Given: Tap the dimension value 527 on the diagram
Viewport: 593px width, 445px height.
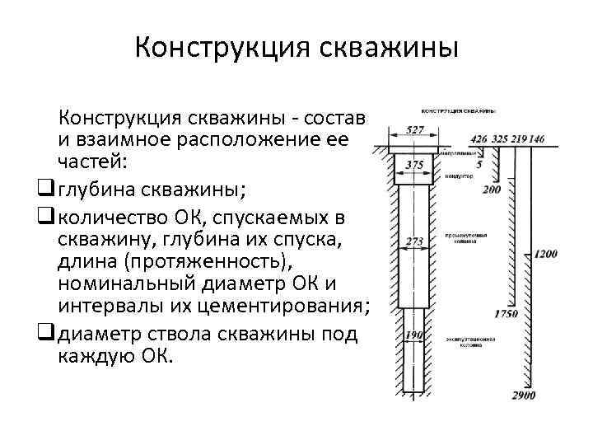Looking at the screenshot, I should pos(415,129).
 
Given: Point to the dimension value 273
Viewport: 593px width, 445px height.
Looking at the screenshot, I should pos(415,241).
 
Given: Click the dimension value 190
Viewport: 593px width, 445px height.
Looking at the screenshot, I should pos(415,336).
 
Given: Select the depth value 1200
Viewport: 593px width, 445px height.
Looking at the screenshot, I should pos(545,254).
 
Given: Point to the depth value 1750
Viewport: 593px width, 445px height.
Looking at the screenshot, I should pos(506,313).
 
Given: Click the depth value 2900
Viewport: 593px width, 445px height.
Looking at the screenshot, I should pos(522,395).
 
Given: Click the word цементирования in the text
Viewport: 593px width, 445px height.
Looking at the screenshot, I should pos(297,308).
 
